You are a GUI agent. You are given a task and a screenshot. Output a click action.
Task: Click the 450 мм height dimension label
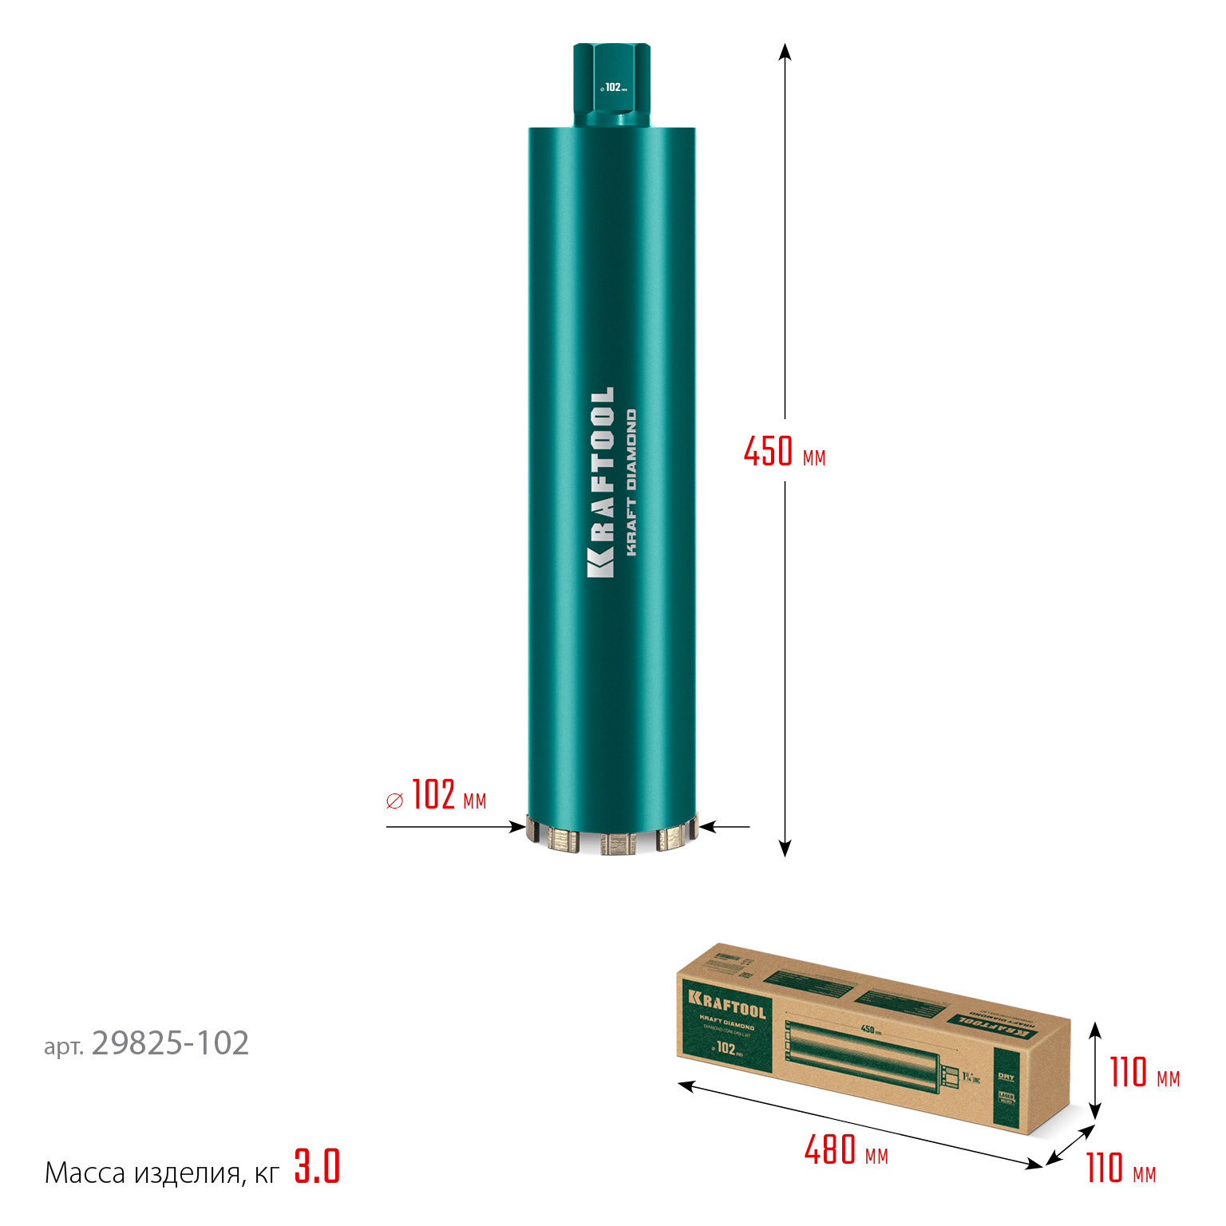tap(784, 452)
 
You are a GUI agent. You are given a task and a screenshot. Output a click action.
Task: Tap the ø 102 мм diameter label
tap(437, 796)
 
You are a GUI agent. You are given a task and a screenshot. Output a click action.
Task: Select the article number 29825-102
tap(170, 1043)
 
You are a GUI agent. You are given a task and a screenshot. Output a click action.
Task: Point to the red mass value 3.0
tap(317, 1166)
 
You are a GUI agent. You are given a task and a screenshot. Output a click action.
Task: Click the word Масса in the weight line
tap(85, 1173)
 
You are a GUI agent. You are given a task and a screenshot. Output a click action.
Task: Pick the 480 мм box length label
tap(845, 1150)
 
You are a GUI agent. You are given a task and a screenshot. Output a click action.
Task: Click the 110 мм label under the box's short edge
tap(1120, 1168)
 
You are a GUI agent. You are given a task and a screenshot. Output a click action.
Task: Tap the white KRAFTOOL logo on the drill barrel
tap(602, 482)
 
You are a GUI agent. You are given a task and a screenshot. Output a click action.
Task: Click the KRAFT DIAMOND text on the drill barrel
tap(631, 482)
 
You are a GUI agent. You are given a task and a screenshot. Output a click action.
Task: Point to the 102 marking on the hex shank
tap(613, 87)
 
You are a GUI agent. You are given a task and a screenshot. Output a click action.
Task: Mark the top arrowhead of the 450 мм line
tap(785, 51)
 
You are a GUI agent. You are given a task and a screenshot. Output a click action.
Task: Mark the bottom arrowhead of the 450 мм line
tap(785, 848)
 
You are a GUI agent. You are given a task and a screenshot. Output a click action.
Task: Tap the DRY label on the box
tap(1006, 1078)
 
